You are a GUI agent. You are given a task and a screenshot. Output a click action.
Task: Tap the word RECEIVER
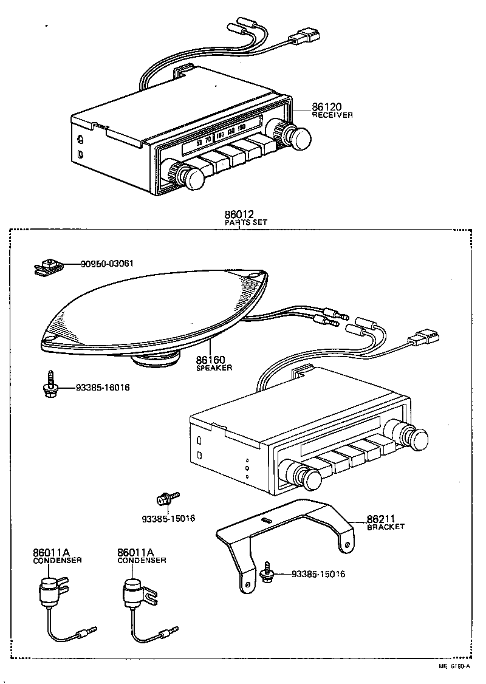click(332, 115)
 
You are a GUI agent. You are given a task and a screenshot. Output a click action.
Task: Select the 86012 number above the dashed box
click(238, 214)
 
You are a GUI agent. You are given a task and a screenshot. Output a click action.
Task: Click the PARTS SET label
click(245, 222)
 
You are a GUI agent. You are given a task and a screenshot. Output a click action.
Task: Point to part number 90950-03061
click(108, 264)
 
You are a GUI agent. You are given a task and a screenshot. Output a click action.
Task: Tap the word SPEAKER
click(214, 368)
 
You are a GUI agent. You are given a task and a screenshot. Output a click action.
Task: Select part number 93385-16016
click(103, 387)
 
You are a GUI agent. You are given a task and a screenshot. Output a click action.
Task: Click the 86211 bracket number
click(381, 519)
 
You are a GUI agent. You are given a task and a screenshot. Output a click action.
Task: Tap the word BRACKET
click(385, 527)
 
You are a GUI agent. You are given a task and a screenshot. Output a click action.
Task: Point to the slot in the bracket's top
click(265, 521)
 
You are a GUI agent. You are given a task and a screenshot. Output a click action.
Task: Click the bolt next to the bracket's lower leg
click(268, 573)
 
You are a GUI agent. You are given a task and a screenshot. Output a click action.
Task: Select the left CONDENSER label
click(57, 560)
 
